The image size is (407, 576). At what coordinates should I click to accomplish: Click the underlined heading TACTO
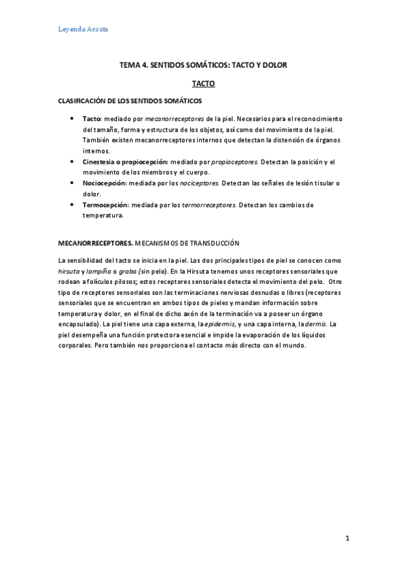pos(203,83)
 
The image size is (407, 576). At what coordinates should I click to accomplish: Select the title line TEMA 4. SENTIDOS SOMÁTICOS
pos(203,65)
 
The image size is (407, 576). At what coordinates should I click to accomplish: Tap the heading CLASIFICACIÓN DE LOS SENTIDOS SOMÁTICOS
pos(130,101)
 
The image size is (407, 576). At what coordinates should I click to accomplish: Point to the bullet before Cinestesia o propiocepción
pos(73,162)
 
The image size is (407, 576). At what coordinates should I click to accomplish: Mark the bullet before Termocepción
pos(73,205)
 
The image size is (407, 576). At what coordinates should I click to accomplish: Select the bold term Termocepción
pos(106,205)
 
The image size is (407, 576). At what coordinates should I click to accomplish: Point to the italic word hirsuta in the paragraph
pos(71,270)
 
